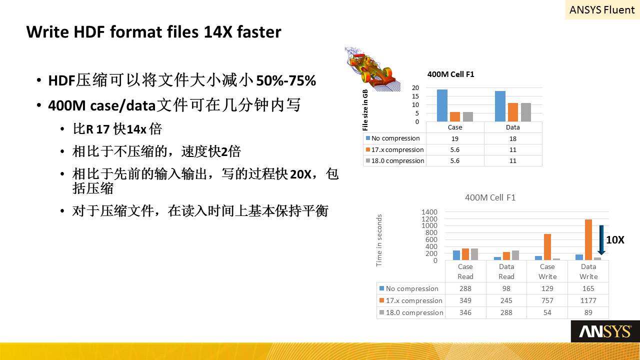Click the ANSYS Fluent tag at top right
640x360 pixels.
602,9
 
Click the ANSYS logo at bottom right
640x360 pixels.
605,331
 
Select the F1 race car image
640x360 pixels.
372,69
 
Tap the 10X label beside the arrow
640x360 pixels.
615,239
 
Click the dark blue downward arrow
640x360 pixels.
601,239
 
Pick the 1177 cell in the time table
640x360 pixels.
588,300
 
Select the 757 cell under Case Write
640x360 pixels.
547,300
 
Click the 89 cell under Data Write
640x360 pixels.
588,312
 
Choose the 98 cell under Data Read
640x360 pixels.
506,288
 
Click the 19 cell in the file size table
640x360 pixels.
455,139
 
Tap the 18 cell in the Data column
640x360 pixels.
513,139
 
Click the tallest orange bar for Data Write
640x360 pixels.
588,239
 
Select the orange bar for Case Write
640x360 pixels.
547,247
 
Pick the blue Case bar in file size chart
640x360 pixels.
442,105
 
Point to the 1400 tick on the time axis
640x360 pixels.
429,212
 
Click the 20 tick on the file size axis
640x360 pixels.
415,87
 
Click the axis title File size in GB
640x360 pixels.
365,110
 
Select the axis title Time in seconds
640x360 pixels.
379,240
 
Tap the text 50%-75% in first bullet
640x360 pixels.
286,80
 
